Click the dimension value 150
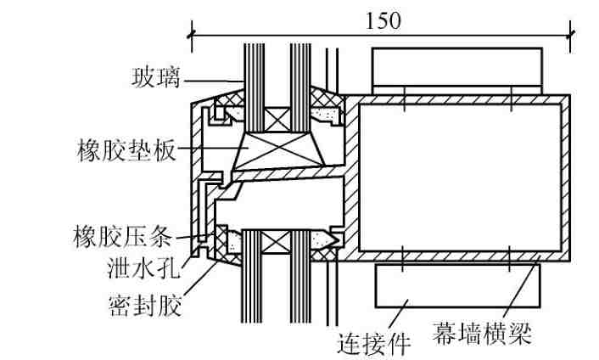coord(383,21)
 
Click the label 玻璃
coord(155,78)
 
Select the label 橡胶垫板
coord(126,150)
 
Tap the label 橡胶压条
coord(123,236)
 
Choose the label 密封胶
coord(145,305)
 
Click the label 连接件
coord(374,344)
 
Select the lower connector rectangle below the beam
coord(457,286)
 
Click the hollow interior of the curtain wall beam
coord(460,177)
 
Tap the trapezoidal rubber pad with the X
coord(278,151)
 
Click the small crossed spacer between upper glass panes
coord(277,119)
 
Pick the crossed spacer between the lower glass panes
coord(276,243)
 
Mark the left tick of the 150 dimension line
coord(192,36)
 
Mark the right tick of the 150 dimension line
coord(570,36)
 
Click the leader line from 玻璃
coord(212,81)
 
